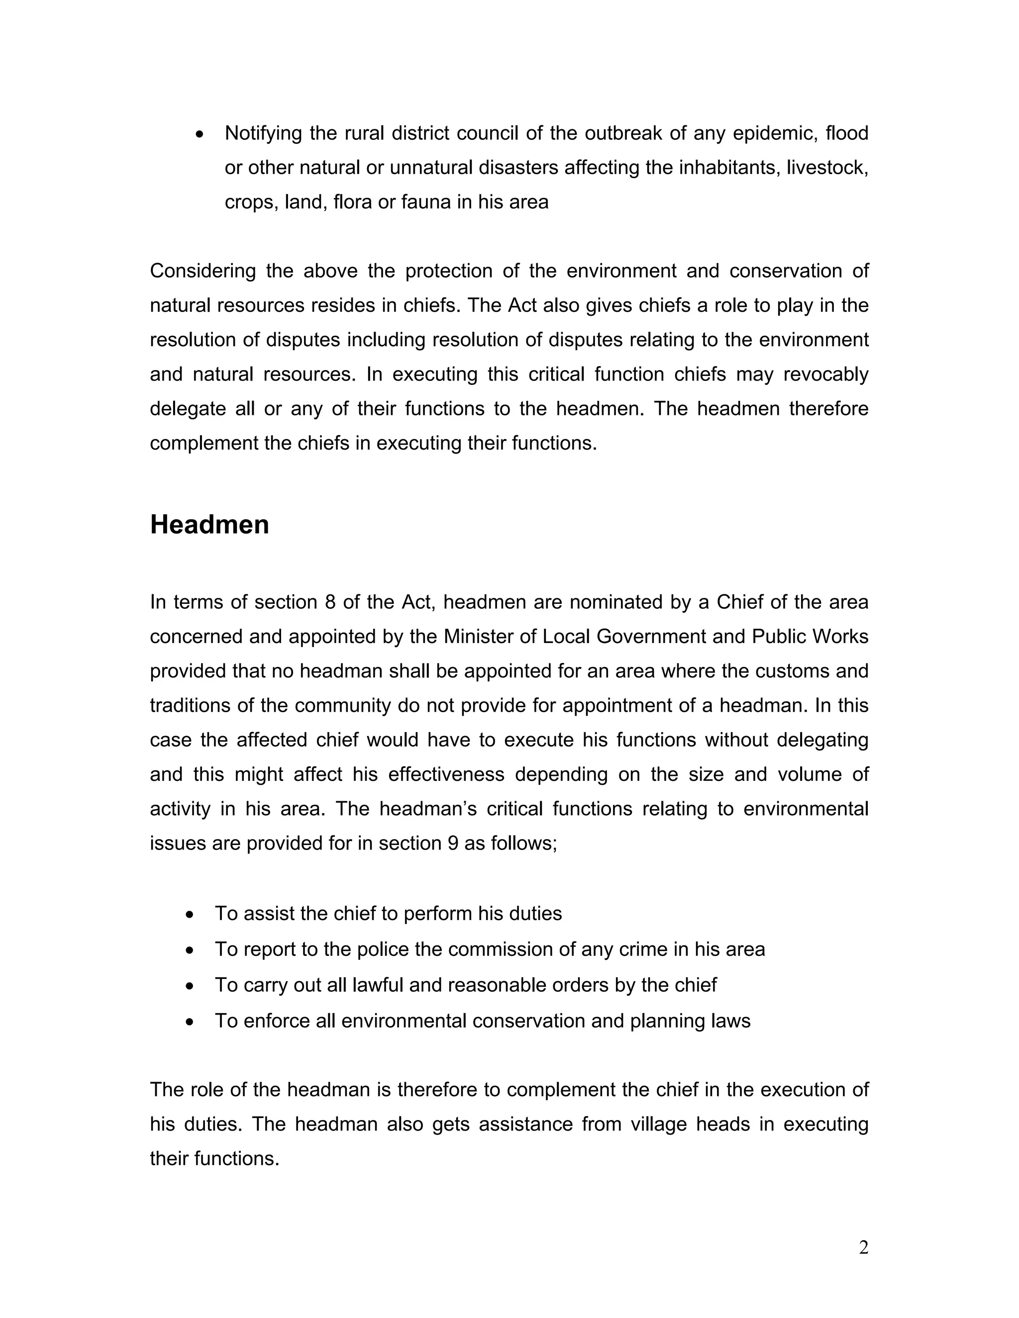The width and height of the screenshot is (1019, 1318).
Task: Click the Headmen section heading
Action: click(x=209, y=524)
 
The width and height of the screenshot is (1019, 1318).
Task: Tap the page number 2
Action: click(x=863, y=1247)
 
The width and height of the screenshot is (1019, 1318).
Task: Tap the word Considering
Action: click(x=203, y=271)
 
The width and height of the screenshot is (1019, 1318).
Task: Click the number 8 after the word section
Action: click(x=329, y=602)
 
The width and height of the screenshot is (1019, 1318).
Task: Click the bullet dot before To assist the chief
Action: click(x=190, y=915)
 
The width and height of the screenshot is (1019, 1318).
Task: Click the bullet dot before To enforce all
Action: click(x=190, y=1022)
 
